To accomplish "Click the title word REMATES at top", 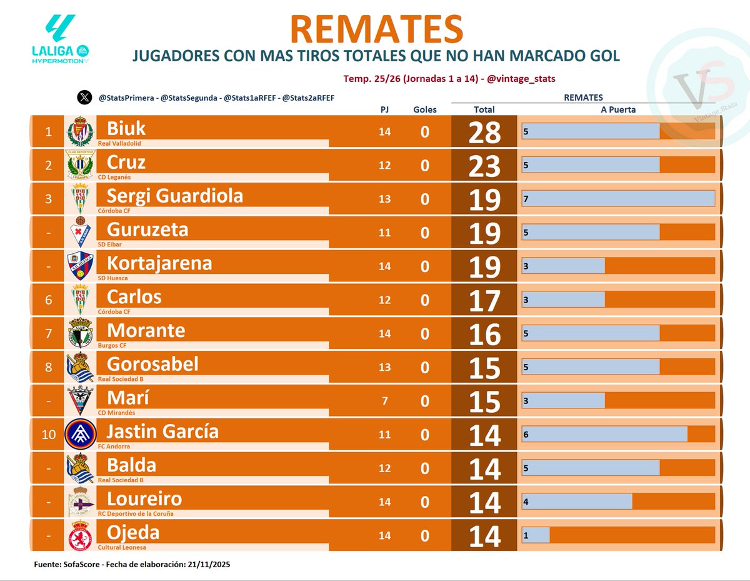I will click(376, 29).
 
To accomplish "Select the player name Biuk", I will click(126, 129).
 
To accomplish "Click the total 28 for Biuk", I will click(484, 132).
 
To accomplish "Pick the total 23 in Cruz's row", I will click(484, 166).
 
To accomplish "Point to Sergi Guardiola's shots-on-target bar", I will click(618, 198).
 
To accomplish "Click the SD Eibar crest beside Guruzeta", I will click(80, 232).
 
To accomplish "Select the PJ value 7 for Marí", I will click(384, 400).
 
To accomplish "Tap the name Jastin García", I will click(162, 432).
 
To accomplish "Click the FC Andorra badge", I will click(80, 434).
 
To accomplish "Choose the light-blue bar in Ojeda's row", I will click(536, 535).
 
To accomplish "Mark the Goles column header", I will click(425, 109).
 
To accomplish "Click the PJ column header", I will click(384, 109).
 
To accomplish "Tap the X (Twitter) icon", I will click(84, 98).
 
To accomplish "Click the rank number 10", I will click(49, 434).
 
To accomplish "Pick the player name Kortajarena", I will click(159, 263).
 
